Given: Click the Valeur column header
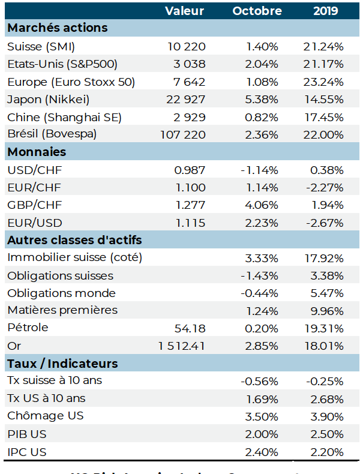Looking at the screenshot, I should click(184, 11).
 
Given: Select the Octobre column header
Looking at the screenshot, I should click(257, 11).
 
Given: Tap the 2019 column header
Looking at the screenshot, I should click(325, 11).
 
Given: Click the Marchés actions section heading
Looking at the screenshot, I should click(57, 28).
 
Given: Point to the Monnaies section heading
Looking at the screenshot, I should click(36, 152).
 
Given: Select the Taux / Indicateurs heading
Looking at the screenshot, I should click(62, 364).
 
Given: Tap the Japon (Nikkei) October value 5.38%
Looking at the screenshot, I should click(262, 100).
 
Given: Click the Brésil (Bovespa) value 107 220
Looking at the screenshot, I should click(183, 134).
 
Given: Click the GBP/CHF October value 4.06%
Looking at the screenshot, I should click(262, 205).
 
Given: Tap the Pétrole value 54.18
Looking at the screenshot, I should click(190, 328).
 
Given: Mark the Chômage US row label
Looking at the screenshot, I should click(45, 416).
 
